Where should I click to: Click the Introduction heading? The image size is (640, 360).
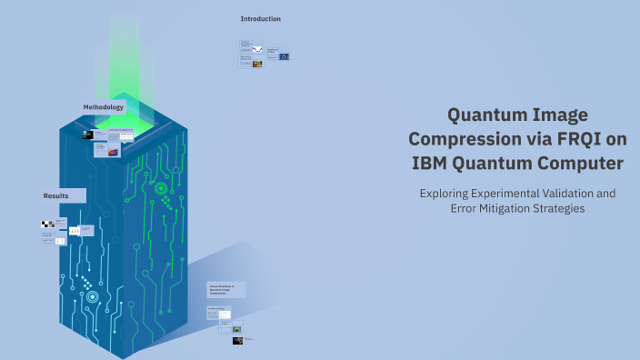[x=260, y=18]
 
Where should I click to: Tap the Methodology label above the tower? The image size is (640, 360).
[x=103, y=107]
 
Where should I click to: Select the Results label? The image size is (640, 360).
[x=56, y=195]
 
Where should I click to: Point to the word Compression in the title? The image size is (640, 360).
[x=460, y=139]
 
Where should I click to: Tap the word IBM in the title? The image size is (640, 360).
[x=431, y=164]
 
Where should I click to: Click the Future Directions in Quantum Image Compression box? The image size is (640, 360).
[x=224, y=289]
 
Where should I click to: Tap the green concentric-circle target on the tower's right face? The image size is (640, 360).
[x=161, y=188]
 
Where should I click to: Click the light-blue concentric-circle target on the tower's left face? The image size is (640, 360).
[x=92, y=296]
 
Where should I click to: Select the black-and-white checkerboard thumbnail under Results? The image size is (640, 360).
[x=46, y=224]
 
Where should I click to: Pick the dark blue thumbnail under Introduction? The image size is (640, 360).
[x=284, y=56]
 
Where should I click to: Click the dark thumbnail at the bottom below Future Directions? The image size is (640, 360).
[x=237, y=340]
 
